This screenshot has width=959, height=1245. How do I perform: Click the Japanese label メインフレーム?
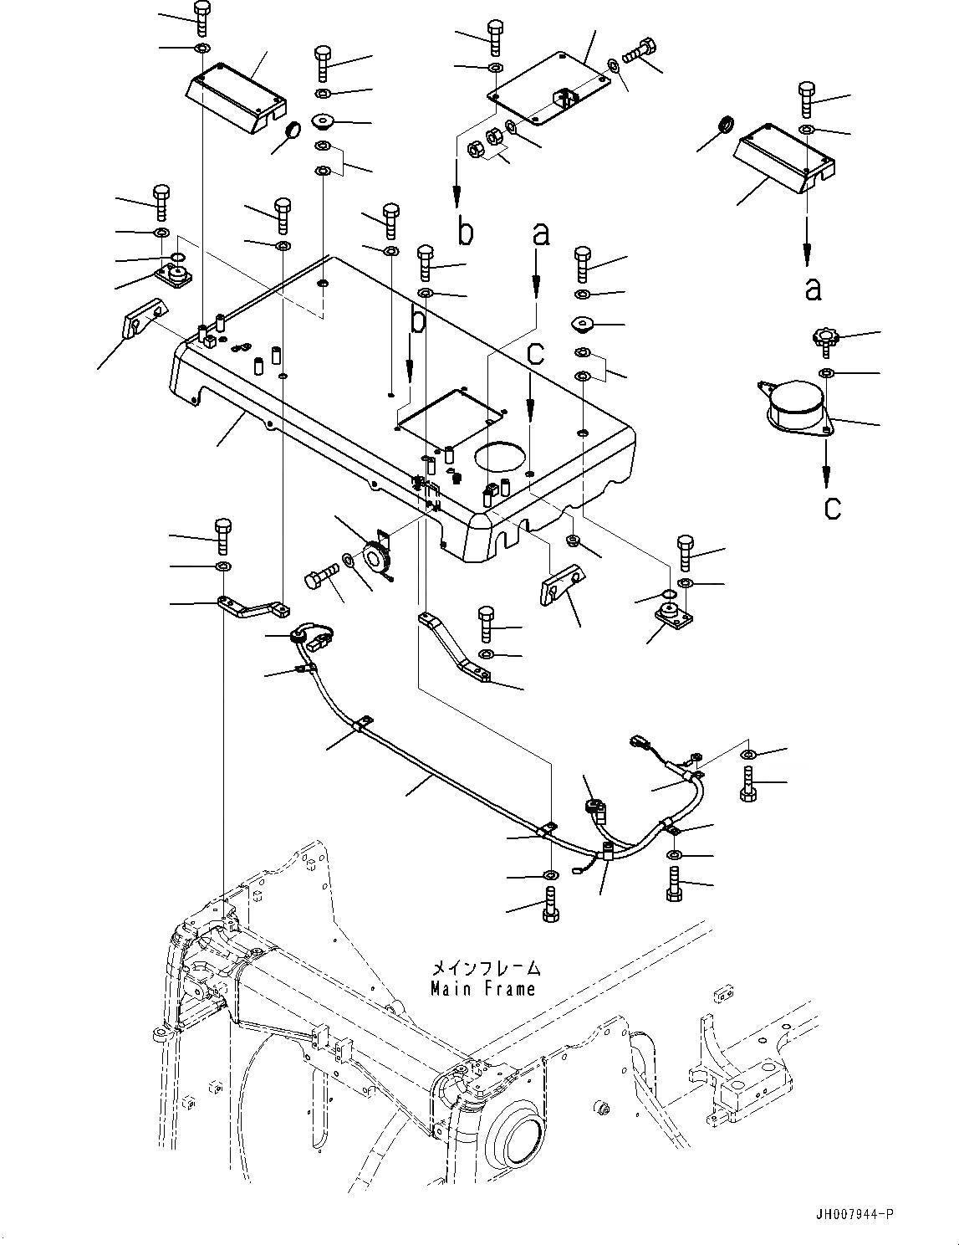click(486, 968)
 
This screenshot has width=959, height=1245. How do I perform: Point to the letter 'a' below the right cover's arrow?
click(813, 289)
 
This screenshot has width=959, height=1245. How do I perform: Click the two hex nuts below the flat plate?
click(486, 143)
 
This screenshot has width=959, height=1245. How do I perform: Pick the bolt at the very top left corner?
click(202, 19)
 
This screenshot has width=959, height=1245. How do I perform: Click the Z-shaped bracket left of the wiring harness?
click(253, 608)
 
